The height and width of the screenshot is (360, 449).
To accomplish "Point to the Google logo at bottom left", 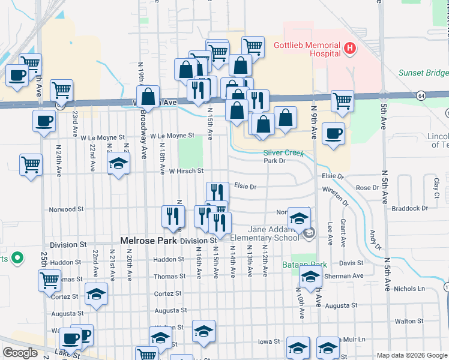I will (x=20, y=352).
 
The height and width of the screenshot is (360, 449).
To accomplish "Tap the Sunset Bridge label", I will (x=423, y=73).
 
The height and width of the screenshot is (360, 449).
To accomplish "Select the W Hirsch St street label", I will (x=186, y=172).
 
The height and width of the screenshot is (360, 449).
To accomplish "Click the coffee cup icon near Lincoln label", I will (x=333, y=133).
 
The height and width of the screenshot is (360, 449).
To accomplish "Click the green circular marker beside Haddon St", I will (x=17, y=259).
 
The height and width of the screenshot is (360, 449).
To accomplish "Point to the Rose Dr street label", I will (x=366, y=188).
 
